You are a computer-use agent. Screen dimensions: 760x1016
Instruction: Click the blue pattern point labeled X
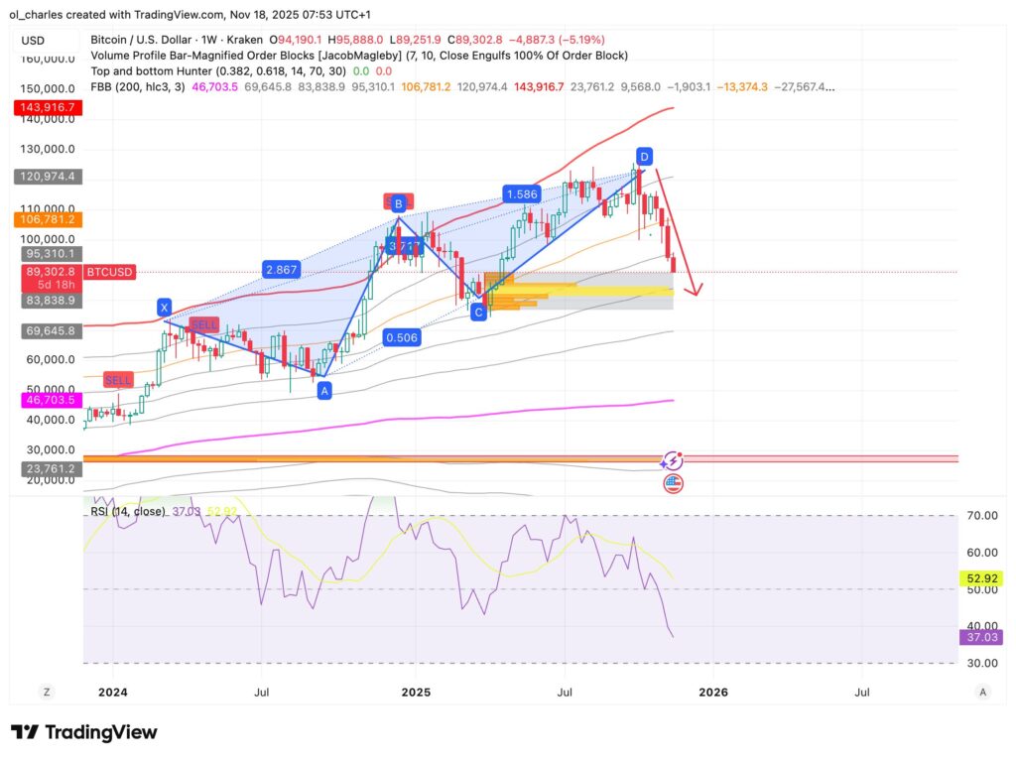(x=164, y=309)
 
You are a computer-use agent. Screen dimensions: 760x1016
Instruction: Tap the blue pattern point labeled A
(x=323, y=391)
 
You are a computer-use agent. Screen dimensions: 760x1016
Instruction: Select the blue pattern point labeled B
(x=398, y=204)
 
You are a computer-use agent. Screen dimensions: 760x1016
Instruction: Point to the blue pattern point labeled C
(x=478, y=312)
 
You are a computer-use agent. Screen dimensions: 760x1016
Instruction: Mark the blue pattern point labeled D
(x=644, y=157)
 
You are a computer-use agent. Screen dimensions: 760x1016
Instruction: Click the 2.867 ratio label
(x=282, y=269)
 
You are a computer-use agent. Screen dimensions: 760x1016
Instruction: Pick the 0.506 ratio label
(x=401, y=337)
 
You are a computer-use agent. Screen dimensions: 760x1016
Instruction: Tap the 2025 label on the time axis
(x=415, y=692)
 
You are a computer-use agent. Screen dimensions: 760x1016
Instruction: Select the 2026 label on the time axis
(x=712, y=692)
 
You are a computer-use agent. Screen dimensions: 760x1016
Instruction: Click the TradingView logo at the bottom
(x=83, y=732)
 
